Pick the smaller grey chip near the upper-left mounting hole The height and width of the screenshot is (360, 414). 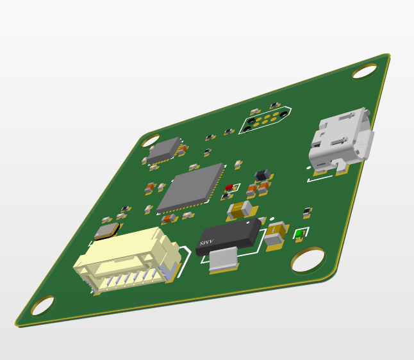164,150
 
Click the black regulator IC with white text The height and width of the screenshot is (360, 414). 229,236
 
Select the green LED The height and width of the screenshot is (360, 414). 299,235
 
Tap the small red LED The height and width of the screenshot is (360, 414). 228,189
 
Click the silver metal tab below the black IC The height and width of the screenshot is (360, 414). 223,260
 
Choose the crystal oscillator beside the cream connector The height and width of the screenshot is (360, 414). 107,231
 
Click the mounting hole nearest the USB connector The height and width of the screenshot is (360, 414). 365,71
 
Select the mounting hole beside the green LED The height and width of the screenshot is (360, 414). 309,260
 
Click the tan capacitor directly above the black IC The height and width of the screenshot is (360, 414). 242,209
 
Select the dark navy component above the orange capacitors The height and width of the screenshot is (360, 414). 261,176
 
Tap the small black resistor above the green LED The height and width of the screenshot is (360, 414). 308,211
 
